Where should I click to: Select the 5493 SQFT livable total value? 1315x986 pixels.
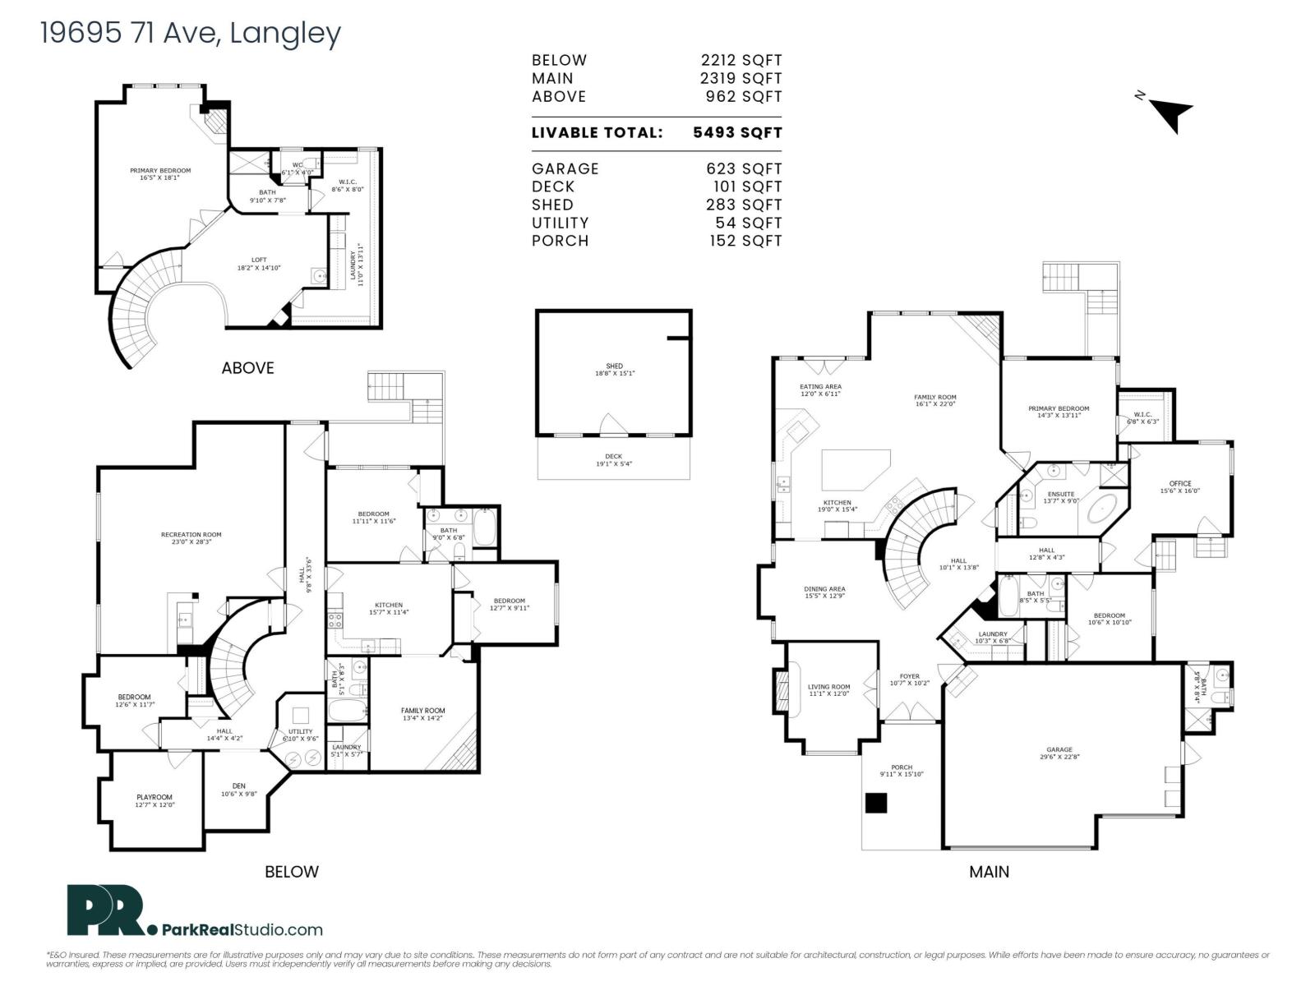737,132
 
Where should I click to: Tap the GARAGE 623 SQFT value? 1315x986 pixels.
744,168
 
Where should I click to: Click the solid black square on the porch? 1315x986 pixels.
877,803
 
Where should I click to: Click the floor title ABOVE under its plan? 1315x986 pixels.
247,368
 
